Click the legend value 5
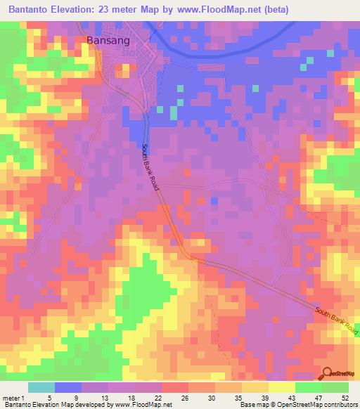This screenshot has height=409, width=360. [x=50, y=398]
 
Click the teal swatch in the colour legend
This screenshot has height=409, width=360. [x=41, y=387]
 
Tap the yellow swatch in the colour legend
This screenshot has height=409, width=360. [x=282, y=387]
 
